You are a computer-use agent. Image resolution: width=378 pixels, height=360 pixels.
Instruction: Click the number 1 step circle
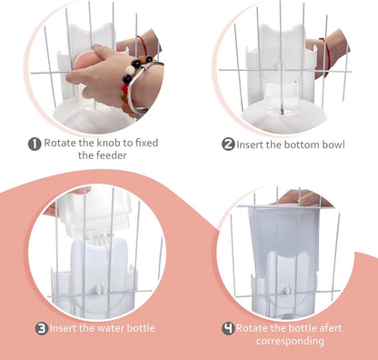pyautogui.click(x=34, y=143)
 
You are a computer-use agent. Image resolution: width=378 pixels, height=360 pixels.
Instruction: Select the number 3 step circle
pyautogui.click(x=42, y=327)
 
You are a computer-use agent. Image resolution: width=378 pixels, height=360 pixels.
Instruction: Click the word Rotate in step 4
pyautogui.click(x=254, y=327)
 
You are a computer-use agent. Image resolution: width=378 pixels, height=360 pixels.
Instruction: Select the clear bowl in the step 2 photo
pyautogui.click(x=282, y=99)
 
